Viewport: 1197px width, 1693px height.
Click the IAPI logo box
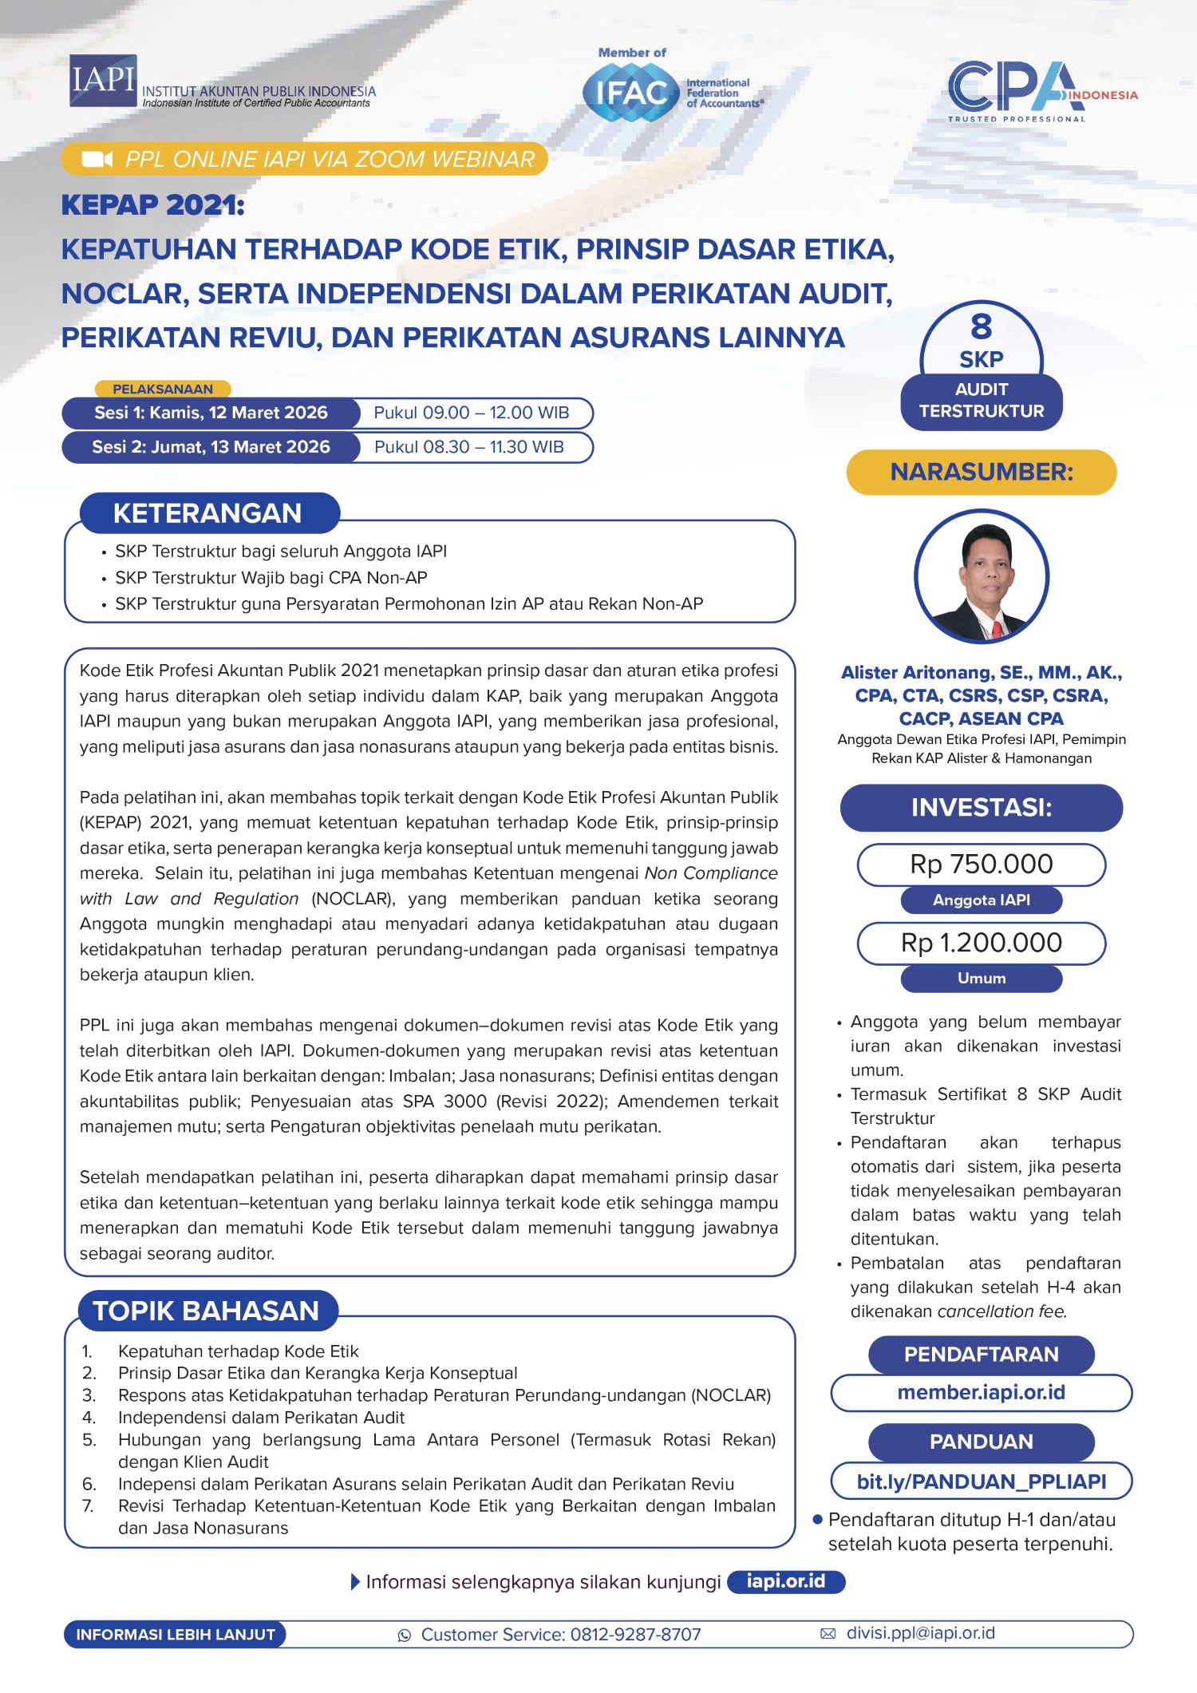tap(103, 81)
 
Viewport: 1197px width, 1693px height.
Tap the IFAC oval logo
tap(630, 93)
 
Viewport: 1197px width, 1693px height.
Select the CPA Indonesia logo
tap(1033, 89)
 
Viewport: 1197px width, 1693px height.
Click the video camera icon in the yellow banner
tap(97, 159)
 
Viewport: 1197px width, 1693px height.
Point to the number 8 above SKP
tap(981, 326)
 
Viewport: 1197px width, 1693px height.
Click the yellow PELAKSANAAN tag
tap(163, 389)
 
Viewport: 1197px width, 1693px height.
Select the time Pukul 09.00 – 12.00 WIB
tap(471, 413)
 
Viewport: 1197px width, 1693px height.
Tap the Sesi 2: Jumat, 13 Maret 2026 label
tap(211, 447)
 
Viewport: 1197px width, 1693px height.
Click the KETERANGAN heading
tap(207, 513)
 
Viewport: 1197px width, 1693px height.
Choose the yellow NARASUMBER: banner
tap(982, 472)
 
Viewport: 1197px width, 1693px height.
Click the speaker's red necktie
tap(997, 629)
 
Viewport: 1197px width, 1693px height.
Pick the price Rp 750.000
tap(981, 864)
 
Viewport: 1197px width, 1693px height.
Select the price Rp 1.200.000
tap(981, 943)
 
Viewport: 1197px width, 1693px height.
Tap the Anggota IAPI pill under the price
tap(981, 900)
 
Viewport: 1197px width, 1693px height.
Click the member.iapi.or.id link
tap(981, 1392)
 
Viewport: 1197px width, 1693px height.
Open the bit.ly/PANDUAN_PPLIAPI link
tap(981, 1481)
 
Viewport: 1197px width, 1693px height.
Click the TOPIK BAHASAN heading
tap(206, 1311)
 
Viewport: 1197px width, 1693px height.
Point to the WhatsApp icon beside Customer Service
tap(405, 1635)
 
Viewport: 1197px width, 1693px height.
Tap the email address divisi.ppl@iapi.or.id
tap(920, 1633)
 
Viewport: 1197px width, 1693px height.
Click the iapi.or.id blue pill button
tap(785, 1581)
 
